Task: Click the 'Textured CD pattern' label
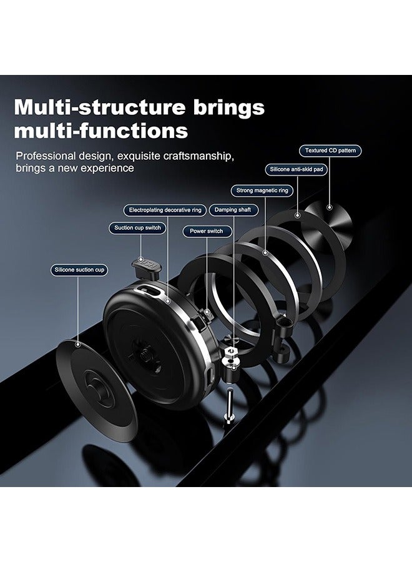pos(330,150)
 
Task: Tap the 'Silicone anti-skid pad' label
pos(297,169)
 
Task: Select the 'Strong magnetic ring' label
pos(262,190)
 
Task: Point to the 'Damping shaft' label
pos(233,210)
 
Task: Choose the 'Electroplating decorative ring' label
pos(165,210)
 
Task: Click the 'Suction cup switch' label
pos(137,228)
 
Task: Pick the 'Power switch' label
pos(207,231)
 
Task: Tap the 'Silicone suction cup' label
pos(79,270)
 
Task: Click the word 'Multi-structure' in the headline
pos(101,107)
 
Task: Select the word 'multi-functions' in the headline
pos(101,131)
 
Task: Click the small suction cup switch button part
pos(147,268)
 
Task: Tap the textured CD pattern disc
pos(329,222)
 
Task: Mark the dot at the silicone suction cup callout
pos(78,345)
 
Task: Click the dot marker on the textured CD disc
pos(330,207)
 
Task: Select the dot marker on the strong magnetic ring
pos(265,253)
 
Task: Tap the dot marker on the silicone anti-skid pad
pos(297,215)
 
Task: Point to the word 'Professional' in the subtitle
pos(46,156)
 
